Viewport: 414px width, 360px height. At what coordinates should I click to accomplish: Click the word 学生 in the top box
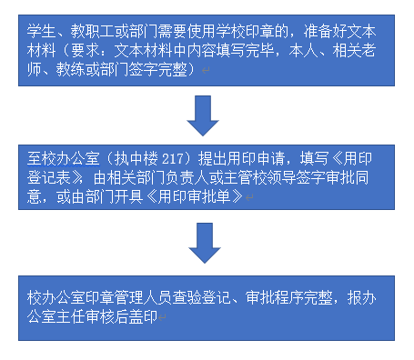tap(41, 32)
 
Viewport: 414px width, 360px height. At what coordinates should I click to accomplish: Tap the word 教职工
tap(93, 32)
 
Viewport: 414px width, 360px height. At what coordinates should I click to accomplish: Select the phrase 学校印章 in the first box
tap(246, 32)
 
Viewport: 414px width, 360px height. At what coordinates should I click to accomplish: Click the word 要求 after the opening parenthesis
tap(86, 51)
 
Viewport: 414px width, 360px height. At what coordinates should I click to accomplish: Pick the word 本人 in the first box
tap(303, 51)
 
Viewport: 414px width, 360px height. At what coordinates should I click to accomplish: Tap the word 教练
tap(71, 70)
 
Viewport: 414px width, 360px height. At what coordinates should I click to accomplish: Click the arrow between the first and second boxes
tap(203, 115)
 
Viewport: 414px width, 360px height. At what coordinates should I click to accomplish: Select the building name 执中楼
tap(136, 158)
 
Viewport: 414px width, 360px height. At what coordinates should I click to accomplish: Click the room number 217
tap(173, 159)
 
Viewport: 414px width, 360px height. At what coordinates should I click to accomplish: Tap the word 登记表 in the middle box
tap(48, 177)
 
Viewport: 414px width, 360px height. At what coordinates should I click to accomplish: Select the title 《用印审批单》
tap(194, 196)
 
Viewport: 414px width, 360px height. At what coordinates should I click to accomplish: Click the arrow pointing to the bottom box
tap(205, 243)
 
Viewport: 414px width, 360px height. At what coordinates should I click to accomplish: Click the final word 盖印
tap(144, 316)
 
